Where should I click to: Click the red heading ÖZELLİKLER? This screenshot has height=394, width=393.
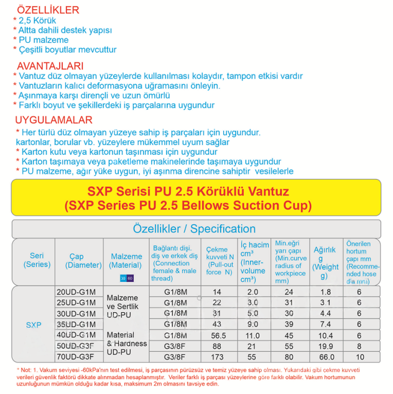pyautogui.click(x=48, y=10)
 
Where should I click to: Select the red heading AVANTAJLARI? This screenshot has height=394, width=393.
pyautogui.click(x=50, y=66)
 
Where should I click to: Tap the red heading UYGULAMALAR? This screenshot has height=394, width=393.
pyautogui.click(x=53, y=120)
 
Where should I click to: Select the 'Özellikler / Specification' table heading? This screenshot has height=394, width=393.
pyautogui.click(x=194, y=229)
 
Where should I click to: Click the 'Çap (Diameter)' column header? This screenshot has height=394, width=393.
pyautogui.click(x=83, y=261)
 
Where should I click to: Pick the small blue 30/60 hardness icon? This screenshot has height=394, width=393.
pyautogui.click(x=126, y=278)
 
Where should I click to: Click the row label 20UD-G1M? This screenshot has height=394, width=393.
pyautogui.click(x=76, y=292)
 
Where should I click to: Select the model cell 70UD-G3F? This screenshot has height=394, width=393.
pyautogui.click(x=76, y=356)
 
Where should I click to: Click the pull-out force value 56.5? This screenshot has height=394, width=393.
pyautogui.click(x=217, y=335)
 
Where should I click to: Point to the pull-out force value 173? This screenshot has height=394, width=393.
pyautogui.click(x=217, y=356)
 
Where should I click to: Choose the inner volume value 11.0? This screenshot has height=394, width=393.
pyautogui.click(x=253, y=335)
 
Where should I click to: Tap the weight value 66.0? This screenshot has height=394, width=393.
pyautogui.click(x=325, y=356)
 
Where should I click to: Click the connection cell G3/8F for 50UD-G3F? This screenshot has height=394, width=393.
pyautogui.click(x=174, y=346)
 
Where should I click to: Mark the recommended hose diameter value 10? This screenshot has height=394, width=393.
pyautogui.click(x=360, y=356)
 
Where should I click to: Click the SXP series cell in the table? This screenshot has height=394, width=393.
pyautogui.click(x=33, y=325)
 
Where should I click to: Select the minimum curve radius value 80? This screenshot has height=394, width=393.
pyautogui.click(x=289, y=356)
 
